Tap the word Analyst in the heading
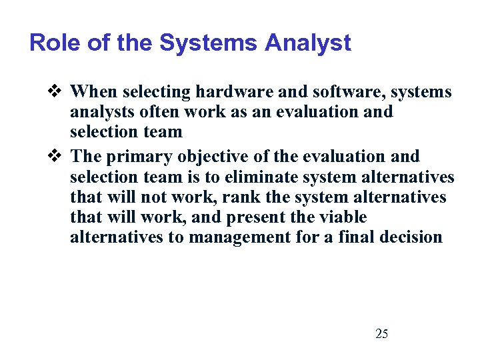click(x=307, y=43)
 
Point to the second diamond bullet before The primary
click(x=57, y=157)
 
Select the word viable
click(x=344, y=218)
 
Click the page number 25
click(x=382, y=333)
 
